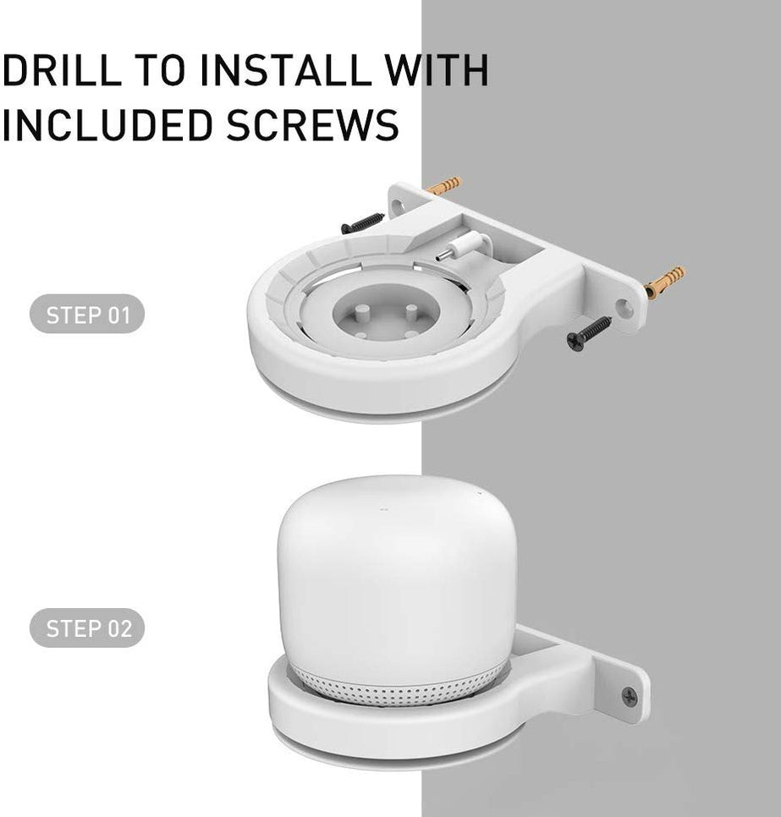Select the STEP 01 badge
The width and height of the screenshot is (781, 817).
click(88, 316)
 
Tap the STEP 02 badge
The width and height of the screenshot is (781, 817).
click(88, 628)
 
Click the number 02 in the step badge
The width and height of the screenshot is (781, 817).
click(118, 628)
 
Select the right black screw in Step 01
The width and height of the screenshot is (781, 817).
click(590, 332)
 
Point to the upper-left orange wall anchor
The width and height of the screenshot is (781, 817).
click(443, 185)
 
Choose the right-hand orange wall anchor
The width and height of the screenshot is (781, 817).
click(664, 282)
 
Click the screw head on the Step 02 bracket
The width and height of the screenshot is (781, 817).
click(630, 695)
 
